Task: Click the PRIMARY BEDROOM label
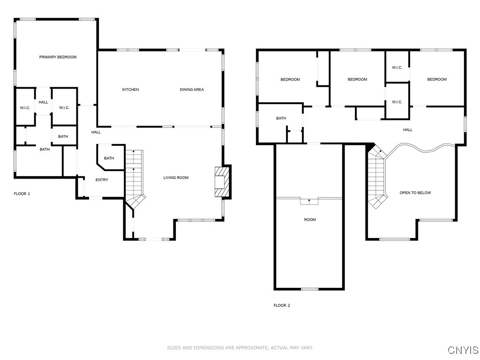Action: (x=58, y=57)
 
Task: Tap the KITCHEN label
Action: (x=130, y=90)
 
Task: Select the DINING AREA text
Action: (x=192, y=90)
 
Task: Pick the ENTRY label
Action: (x=102, y=180)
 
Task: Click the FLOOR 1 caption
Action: (x=22, y=194)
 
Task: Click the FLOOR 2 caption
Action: (x=282, y=306)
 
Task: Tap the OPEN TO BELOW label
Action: (x=415, y=193)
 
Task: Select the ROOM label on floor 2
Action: (x=309, y=219)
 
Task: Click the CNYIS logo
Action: (x=463, y=350)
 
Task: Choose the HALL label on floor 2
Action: (x=408, y=130)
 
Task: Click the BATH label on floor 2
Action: (x=281, y=119)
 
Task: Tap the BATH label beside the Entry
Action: (x=109, y=158)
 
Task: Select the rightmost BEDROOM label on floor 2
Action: (x=436, y=80)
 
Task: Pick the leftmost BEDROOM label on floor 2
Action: (x=290, y=80)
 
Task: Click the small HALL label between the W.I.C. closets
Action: (x=43, y=102)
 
